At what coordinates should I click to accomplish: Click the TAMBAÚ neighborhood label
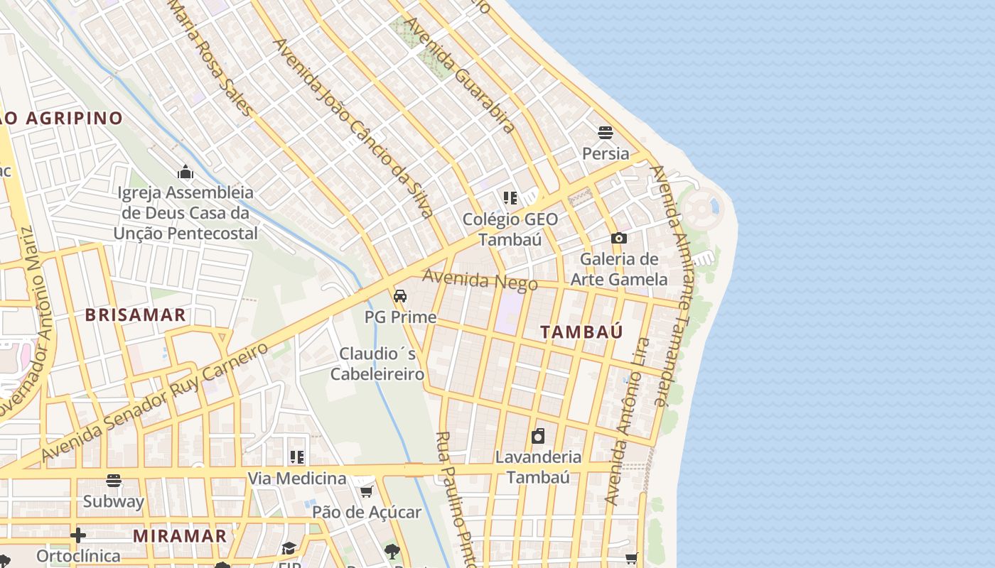click(x=581, y=332)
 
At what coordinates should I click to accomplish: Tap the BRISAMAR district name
click(x=136, y=315)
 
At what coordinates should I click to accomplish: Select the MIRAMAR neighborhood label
click(x=180, y=535)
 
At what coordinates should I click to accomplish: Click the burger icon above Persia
click(x=606, y=133)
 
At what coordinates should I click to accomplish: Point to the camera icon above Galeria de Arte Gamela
click(x=619, y=239)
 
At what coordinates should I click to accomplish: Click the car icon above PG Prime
click(x=400, y=296)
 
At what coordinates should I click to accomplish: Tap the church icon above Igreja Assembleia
click(x=185, y=172)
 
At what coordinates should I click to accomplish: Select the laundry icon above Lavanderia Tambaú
click(x=539, y=436)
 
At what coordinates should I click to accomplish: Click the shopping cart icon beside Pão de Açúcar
click(x=367, y=491)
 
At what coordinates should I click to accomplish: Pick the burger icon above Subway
click(x=114, y=481)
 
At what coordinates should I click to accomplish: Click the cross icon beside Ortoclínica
click(x=78, y=535)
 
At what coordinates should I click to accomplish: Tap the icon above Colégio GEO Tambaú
click(x=510, y=198)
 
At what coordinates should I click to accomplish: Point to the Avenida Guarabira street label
click(x=459, y=75)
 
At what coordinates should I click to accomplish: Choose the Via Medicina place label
click(x=296, y=478)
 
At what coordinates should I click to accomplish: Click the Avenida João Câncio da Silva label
click(x=353, y=128)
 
